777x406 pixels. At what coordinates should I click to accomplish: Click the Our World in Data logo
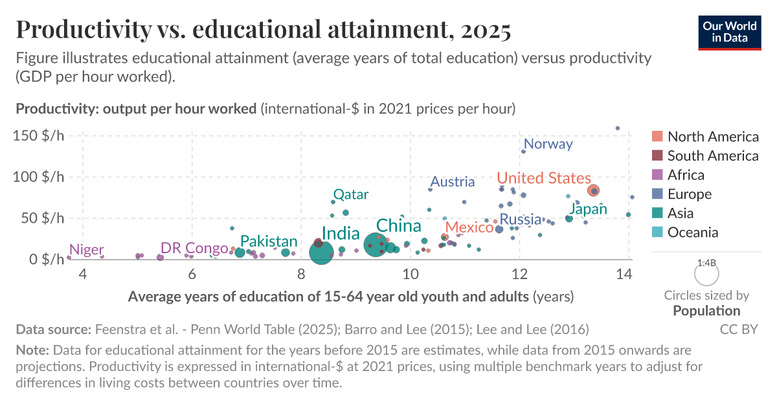(729, 31)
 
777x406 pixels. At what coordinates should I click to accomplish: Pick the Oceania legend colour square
(657, 232)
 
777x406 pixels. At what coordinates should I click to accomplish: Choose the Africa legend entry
(686, 175)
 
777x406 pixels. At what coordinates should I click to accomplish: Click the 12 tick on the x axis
(519, 275)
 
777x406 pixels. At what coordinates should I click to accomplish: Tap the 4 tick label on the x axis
(82, 275)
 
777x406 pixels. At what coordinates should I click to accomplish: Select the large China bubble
(376, 245)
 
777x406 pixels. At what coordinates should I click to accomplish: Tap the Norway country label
(548, 144)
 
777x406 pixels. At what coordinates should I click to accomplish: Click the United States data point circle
(594, 190)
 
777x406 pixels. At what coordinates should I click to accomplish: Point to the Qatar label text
(350, 194)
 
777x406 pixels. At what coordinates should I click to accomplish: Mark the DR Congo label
(194, 248)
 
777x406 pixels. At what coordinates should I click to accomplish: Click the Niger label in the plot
(86, 249)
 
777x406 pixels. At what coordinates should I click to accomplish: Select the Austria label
(452, 182)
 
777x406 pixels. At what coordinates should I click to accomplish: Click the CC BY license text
(738, 330)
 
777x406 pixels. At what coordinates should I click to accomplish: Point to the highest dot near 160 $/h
(618, 128)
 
